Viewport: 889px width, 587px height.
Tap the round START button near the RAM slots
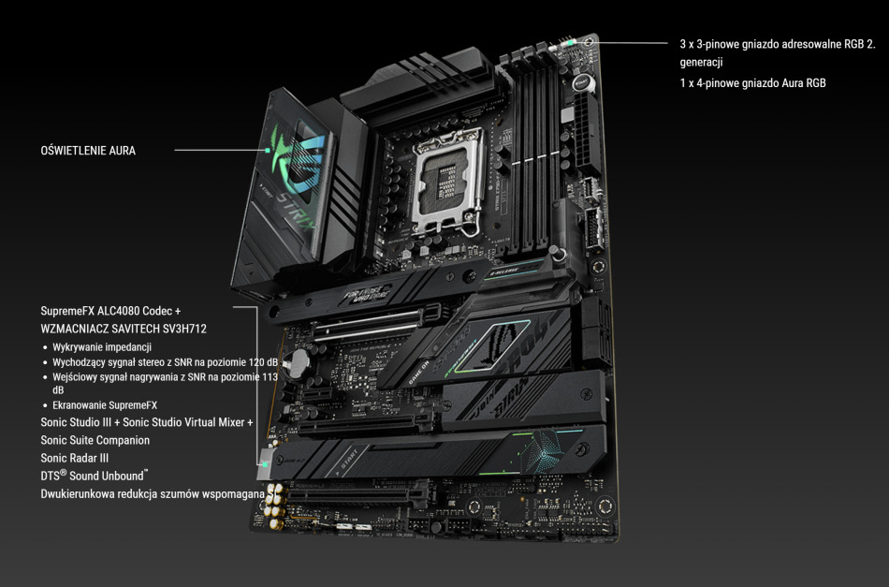580,83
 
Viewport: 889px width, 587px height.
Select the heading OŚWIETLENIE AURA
88,150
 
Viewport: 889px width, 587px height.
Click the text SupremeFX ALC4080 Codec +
110,310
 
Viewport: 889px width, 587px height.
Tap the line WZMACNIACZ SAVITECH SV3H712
124,329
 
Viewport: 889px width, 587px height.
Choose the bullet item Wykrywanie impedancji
102,347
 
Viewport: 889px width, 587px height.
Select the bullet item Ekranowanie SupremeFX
105,405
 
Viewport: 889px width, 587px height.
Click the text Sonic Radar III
75,458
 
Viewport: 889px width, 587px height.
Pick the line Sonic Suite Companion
95,440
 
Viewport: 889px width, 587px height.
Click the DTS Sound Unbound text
94,477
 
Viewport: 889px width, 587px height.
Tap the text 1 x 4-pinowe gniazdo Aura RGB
752,82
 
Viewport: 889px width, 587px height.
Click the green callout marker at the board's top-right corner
587,42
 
